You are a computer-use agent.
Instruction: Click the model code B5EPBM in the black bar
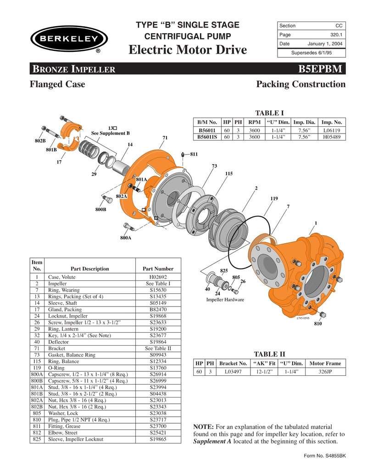(320, 70)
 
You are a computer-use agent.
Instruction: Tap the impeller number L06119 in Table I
(331, 130)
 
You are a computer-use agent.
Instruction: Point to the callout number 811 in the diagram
(194, 155)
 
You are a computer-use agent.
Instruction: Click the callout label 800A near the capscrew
(126, 238)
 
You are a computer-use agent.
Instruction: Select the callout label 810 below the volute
(317, 324)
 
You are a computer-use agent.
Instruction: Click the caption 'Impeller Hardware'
(225, 300)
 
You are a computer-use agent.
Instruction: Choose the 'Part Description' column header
(90, 269)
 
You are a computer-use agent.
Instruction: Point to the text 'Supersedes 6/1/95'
(311, 53)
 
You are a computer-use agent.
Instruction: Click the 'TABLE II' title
(269, 354)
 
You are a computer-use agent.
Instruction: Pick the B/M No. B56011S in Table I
(207, 137)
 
